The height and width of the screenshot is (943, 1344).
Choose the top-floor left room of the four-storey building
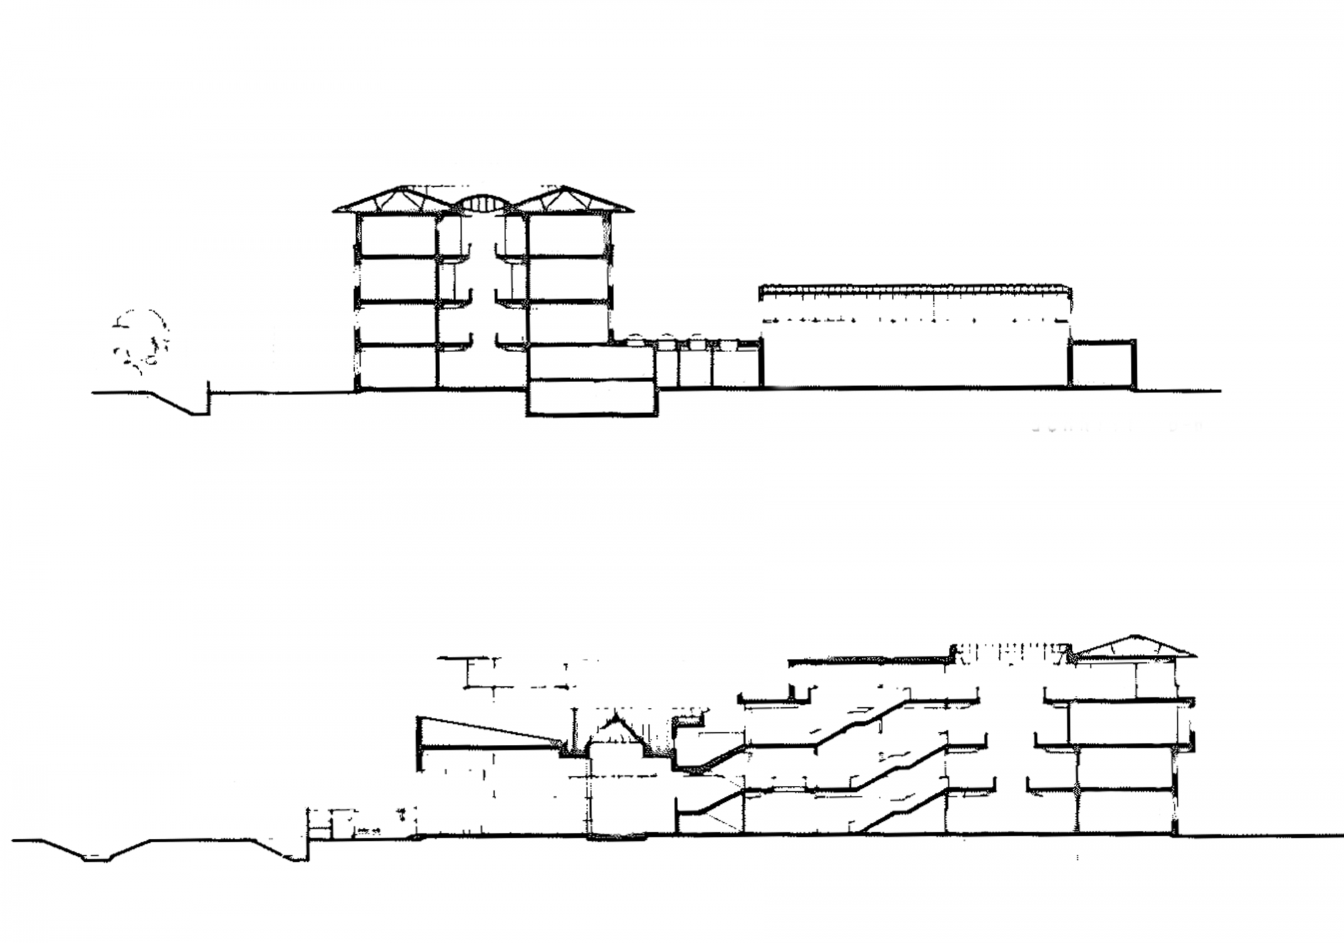point(396,235)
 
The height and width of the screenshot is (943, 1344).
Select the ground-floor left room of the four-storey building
point(396,367)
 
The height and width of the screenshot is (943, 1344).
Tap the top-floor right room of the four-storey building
point(569,235)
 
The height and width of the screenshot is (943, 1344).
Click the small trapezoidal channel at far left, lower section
point(95,852)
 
